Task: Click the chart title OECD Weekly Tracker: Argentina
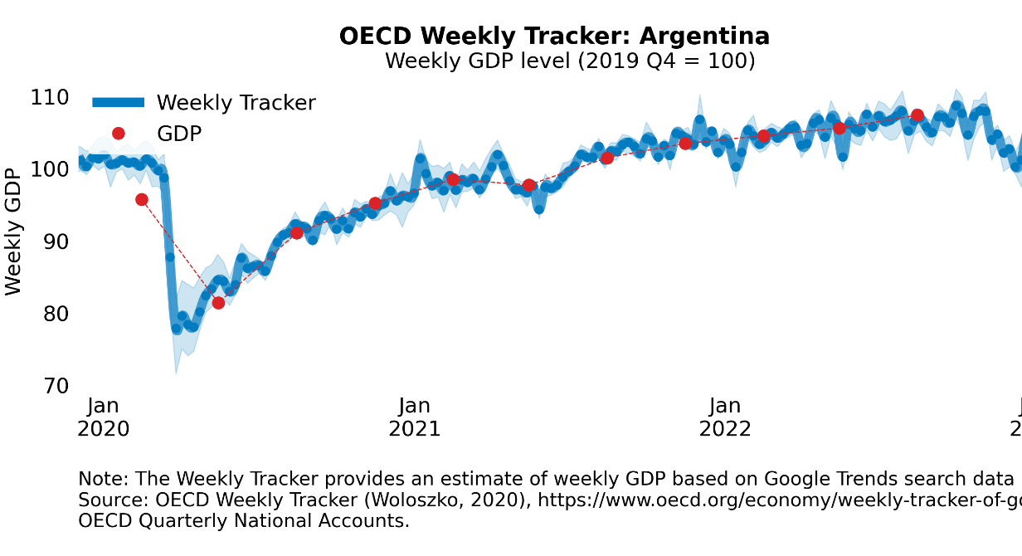tap(554, 37)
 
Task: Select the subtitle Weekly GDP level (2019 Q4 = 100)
tap(570, 61)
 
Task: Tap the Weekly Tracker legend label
tap(236, 103)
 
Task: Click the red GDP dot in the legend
tap(118, 133)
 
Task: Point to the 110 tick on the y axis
tap(49, 98)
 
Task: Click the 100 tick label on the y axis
tap(49, 169)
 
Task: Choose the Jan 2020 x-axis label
tap(103, 417)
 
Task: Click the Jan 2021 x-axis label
tap(414, 417)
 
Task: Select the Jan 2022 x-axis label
tap(725, 417)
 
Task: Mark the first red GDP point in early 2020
tap(142, 199)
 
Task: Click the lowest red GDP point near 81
tap(218, 303)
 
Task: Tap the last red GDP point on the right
tap(917, 115)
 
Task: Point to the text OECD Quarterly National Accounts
tap(243, 521)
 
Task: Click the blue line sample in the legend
tap(118, 103)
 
